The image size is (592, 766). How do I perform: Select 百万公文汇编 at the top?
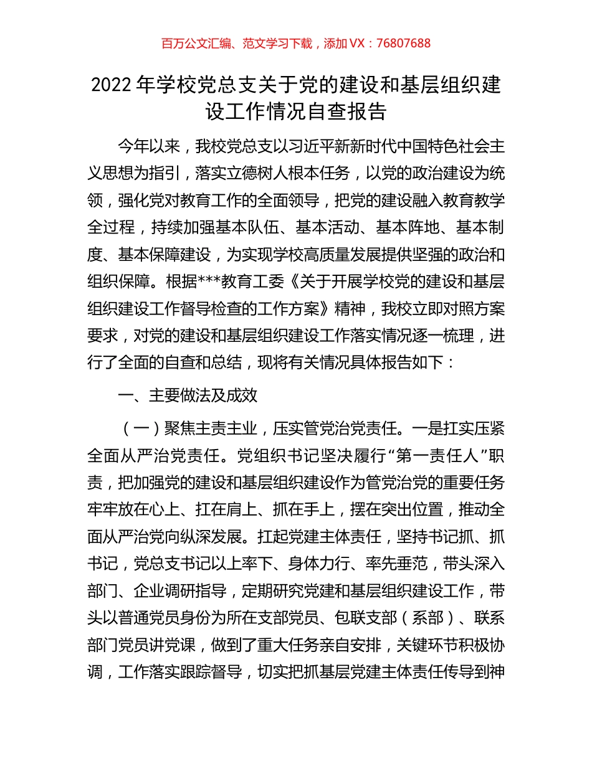click(196, 43)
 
